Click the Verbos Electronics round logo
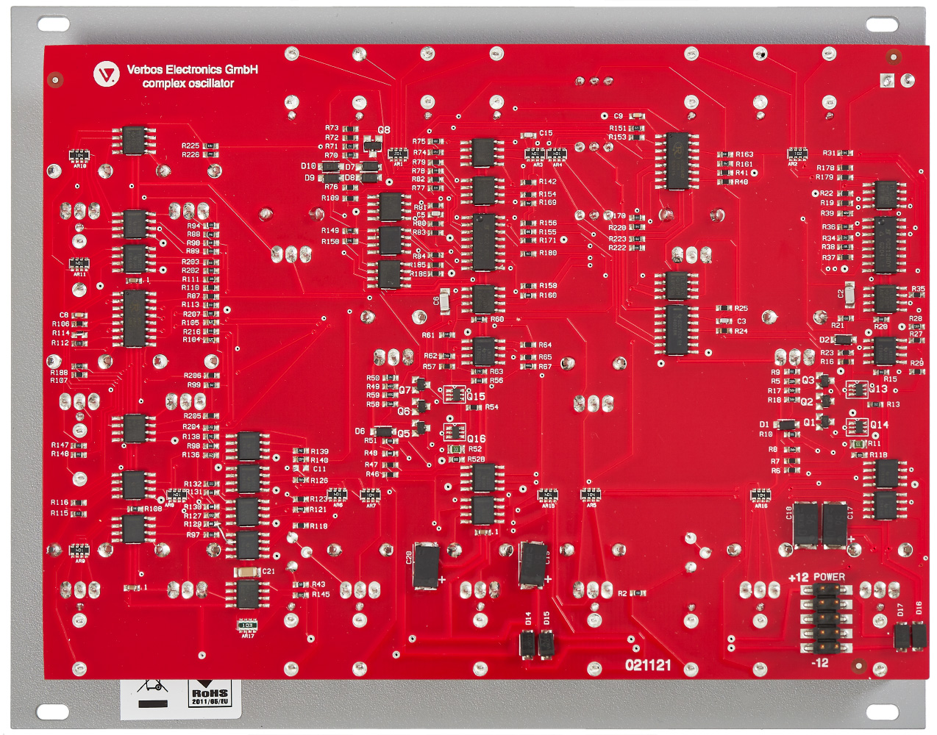tap(107, 73)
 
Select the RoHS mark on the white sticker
tap(210, 693)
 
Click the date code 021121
tap(648, 665)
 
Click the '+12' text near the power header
tap(798, 578)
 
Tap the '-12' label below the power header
tap(820, 663)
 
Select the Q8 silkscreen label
tap(384, 130)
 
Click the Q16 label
tap(476, 439)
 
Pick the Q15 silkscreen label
tap(476, 396)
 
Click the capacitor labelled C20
tap(426, 565)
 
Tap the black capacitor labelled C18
tap(806, 523)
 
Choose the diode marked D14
tap(527, 644)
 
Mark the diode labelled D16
tap(918, 635)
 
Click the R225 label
tap(190, 146)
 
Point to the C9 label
tap(618, 116)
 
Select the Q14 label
tap(879, 425)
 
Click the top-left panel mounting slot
tap(53, 25)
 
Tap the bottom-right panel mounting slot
tap(882, 711)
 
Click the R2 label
tap(622, 593)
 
